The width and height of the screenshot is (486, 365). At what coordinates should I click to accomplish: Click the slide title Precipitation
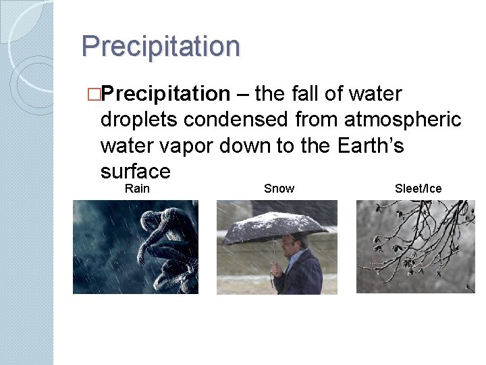[x=161, y=46]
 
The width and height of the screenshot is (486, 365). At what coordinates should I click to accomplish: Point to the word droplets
[x=138, y=120]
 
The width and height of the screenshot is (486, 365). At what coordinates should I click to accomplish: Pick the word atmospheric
[x=402, y=120]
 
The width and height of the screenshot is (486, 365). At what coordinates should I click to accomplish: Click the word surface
[x=134, y=171]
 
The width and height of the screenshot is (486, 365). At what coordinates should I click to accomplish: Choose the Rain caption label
[x=137, y=189]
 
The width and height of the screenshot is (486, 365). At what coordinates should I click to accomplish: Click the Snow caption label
[x=279, y=189]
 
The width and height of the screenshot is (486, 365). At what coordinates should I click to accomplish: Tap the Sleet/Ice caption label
[x=418, y=189]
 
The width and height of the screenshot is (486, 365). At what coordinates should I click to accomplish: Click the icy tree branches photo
[x=415, y=247]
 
